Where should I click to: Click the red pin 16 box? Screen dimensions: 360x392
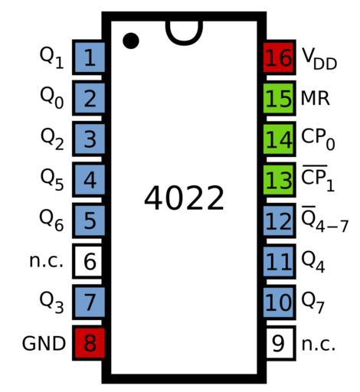tap(280, 57)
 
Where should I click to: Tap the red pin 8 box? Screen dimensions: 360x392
tap(89, 343)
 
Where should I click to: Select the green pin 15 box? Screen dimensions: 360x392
tap(280, 98)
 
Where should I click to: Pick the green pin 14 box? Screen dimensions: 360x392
tap(280, 139)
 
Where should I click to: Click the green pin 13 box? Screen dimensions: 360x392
tap(280, 180)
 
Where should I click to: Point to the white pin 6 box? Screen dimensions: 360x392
tap(89, 261)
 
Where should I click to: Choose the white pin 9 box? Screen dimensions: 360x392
tap(280, 343)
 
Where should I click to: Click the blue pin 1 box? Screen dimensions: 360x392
tap(89, 57)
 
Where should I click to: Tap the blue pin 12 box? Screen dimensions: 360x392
tap(280, 220)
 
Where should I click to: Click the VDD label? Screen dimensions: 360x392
tap(319, 59)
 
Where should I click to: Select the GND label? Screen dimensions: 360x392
tap(44, 344)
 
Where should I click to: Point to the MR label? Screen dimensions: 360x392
tap(316, 98)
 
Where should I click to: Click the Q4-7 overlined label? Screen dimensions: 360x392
tap(325, 220)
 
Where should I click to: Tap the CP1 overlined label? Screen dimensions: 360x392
tap(318, 178)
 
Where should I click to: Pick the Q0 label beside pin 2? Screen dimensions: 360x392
tap(51, 99)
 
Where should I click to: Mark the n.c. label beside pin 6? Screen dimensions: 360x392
tap(46, 261)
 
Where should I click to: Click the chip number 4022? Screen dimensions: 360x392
tap(184, 198)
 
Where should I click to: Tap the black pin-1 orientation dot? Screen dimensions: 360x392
tap(131, 41)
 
